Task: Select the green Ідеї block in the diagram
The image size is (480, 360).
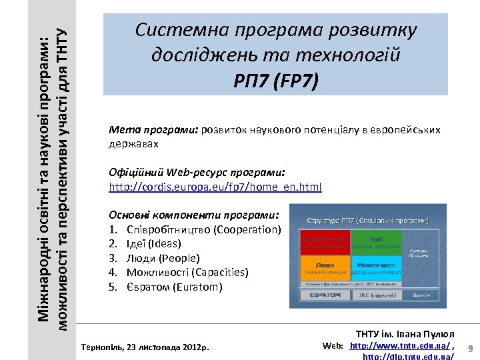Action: tap(376, 243)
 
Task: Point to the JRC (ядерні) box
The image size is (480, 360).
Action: tap(377, 294)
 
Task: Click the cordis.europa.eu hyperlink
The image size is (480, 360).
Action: tap(215, 187)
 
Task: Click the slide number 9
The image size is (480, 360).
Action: tap(470, 348)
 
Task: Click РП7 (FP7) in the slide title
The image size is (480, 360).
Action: tap(276, 81)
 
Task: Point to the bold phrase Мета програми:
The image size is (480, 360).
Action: tap(153, 129)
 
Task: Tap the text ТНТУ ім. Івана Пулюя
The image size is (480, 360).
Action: tap(405, 334)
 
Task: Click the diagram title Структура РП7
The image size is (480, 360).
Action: tap(367, 219)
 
